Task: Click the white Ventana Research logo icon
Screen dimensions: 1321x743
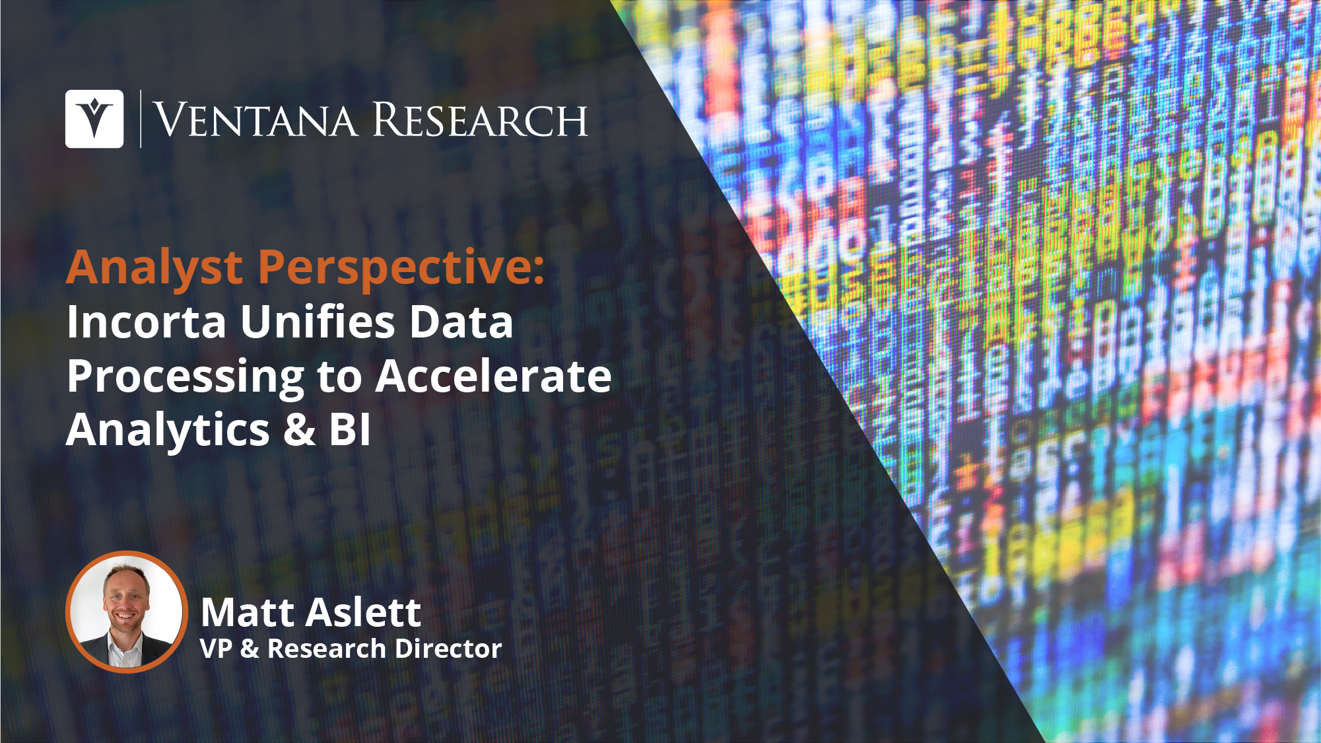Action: (94, 119)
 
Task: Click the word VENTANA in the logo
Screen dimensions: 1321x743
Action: (255, 120)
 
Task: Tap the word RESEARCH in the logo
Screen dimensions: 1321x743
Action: (480, 120)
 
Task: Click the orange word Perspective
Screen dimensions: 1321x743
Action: (401, 269)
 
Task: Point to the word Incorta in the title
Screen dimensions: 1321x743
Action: (147, 322)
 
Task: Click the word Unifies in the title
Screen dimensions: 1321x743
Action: (318, 322)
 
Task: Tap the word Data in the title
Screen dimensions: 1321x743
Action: (461, 322)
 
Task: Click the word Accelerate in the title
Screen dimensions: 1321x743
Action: (494, 376)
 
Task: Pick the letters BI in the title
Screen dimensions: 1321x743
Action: (350, 430)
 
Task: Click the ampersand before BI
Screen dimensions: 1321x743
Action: (300, 431)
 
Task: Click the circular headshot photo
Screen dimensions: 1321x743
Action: (126, 612)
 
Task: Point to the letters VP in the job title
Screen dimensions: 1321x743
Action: (216, 649)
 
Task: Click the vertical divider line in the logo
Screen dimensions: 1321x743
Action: (141, 119)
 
